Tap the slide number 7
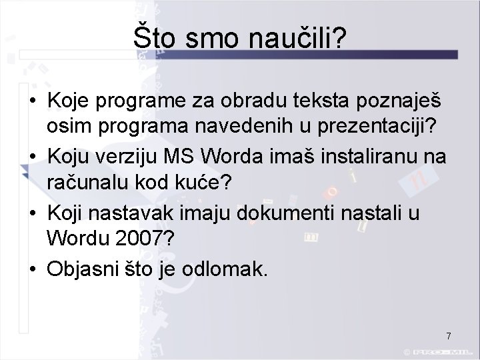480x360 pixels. tap(449, 335)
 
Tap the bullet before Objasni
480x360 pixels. tap(32, 270)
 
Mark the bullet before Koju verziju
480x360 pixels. tap(32, 158)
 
